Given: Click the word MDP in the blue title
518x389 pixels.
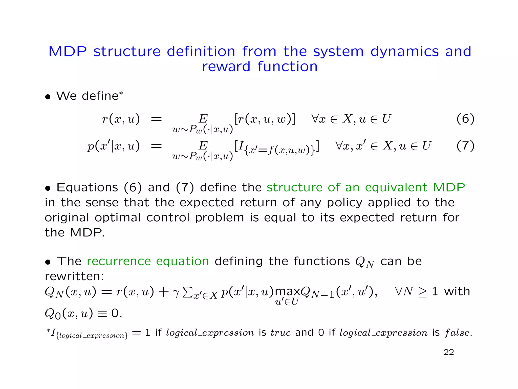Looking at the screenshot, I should tap(68, 52).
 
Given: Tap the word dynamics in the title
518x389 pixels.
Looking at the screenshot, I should tap(404, 52).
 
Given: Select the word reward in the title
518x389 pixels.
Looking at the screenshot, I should tap(226, 67).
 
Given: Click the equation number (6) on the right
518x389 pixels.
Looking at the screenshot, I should tap(465, 119).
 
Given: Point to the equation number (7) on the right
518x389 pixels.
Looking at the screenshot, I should tap(465, 146).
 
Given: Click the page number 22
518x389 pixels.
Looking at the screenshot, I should tap(449, 352).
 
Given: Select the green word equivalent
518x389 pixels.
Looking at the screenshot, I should tap(396, 187).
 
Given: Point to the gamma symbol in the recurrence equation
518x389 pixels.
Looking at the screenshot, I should tap(176, 293).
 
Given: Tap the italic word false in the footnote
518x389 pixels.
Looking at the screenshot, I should tap(458, 333).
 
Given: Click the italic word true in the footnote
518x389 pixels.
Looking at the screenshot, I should tap(280, 333).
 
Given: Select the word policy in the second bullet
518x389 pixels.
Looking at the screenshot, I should tap(344, 203).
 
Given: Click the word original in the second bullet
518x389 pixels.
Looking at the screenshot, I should tap(67, 218).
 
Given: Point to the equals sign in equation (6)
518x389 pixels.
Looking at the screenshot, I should tap(156, 119).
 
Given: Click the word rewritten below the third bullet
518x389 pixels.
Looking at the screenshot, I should tap(74, 276).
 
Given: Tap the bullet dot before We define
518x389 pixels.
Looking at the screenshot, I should tap(48, 97).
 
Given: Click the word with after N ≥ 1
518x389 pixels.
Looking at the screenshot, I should tap(457, 291).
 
